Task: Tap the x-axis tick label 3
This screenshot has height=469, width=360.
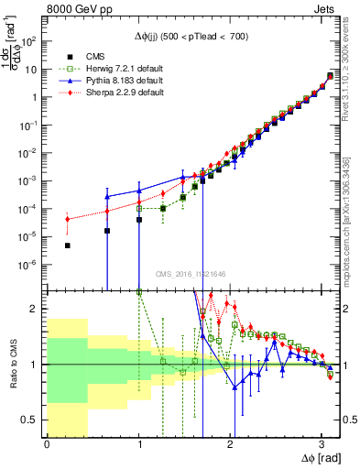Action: (322, 445)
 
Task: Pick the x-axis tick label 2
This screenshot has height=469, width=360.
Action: (230, 445)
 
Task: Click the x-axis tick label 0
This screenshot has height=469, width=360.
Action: (47, 445)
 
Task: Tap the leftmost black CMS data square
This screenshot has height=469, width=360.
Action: (68, 245)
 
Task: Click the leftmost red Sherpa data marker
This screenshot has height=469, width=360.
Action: (68, 219)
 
